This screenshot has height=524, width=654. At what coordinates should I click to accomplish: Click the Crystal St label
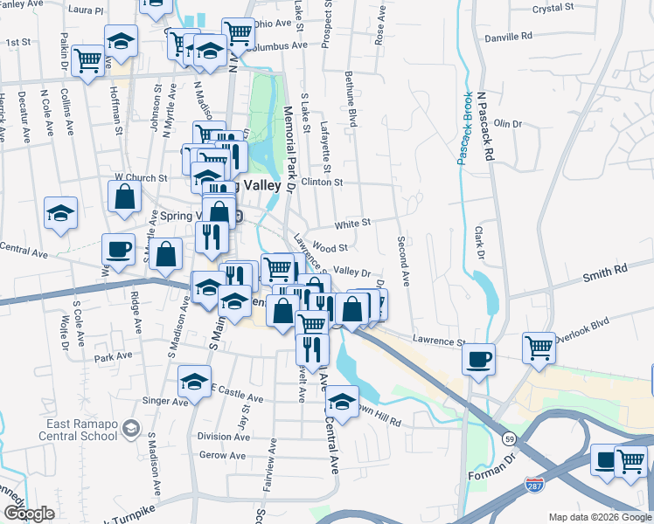[x=553, y=9]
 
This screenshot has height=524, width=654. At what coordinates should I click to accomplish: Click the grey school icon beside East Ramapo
[x=131, y=427]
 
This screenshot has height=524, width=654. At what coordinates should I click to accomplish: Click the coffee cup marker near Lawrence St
[x=478, y=358]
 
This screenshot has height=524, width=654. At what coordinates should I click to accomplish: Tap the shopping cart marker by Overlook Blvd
[x=539, y=347]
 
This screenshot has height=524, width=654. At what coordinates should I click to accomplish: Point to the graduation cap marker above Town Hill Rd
[x=342, y=401]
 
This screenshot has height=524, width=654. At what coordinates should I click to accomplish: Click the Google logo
[x=28, y=514]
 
